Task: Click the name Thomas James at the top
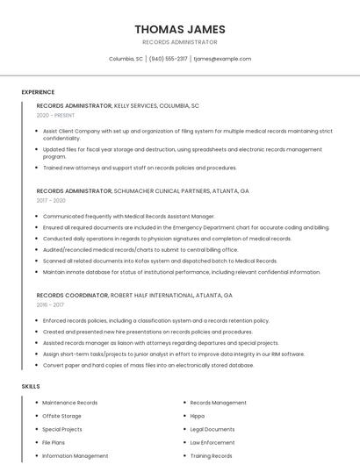click(179, 29)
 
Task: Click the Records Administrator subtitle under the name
click(179, 42)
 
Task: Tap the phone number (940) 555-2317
click(168, 59)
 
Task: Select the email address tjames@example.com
click(222, 59)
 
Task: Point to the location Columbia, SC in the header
click(126, 59)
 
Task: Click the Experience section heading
click(38, 92)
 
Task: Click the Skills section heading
click(31, 386)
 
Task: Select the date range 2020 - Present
click(55, 115)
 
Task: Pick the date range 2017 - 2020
click(51, 200)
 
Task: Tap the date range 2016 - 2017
click(50, 305)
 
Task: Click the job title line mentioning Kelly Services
click(118, 105)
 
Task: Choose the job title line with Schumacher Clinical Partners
click(142, 190)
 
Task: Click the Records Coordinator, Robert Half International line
click(134, 296)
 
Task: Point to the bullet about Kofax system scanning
click(160, 261)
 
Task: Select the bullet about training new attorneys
click(140, 168)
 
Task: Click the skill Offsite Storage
click(61, 416)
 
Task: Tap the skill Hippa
click(198, 416)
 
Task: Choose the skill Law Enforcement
click(212, 442)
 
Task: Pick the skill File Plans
click(54, 442)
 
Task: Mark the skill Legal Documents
click(212, 429)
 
